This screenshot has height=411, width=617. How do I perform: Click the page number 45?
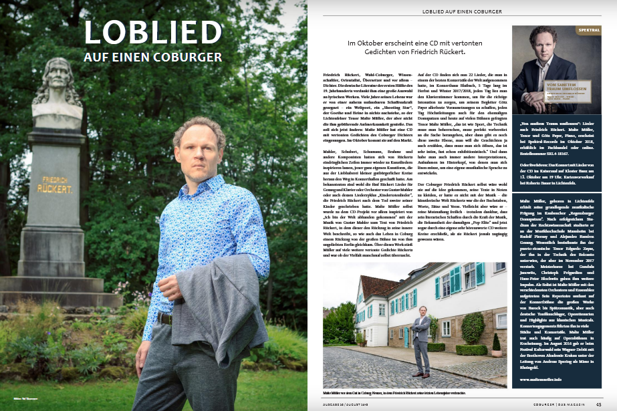[x=598, y=403]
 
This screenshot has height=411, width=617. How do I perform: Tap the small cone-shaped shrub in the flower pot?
[x=495, y=342]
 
